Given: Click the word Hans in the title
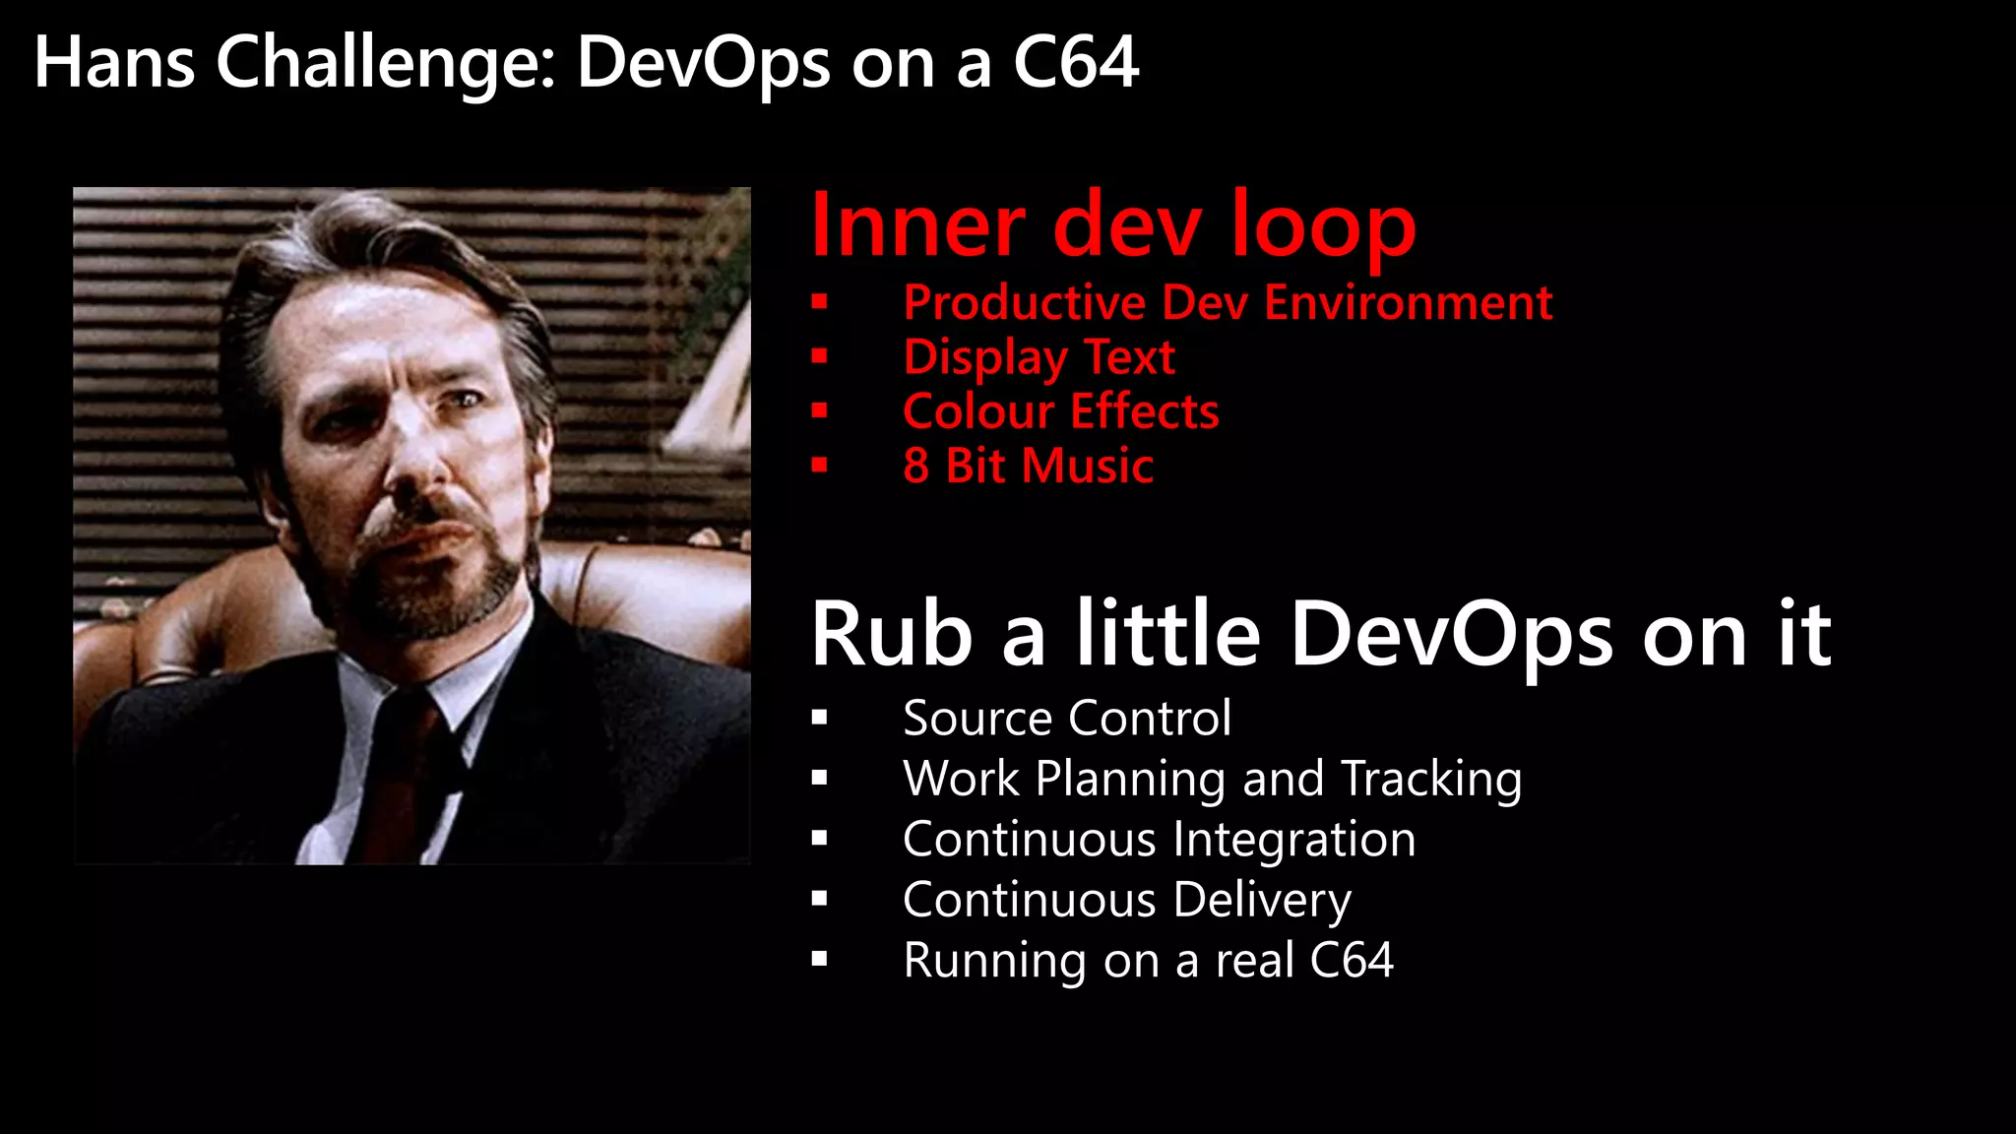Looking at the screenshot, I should coord(113,63).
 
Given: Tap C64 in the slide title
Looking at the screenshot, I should coord(1075,63).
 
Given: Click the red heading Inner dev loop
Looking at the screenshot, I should coord(1112,226).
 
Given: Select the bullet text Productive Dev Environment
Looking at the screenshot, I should coord(1227,302).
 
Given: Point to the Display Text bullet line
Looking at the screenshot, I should coord(1039,356).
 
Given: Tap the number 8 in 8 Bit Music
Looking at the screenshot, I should coord(915,466).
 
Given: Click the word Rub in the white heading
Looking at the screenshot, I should coord(891,635).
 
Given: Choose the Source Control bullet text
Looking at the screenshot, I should coord(1066,718).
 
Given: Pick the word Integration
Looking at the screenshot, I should coord(1293,840).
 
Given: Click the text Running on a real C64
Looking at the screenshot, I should coord(1147,960).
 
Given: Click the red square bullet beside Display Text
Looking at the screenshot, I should coord(819,356).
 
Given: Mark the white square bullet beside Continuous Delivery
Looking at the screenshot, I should coord(819,899).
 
